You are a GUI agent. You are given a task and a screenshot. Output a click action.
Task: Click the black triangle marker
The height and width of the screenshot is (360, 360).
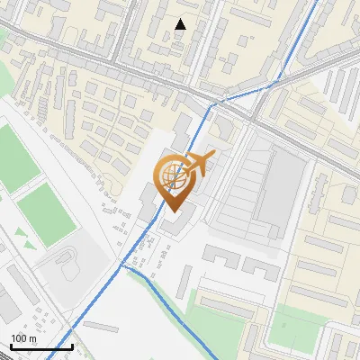click(181, 24)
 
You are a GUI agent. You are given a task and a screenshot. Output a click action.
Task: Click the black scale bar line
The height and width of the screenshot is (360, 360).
click(41, 347)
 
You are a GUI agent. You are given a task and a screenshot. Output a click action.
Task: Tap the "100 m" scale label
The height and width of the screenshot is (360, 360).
click(24, 338)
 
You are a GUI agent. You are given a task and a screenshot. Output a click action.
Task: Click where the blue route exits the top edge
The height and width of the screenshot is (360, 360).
click(316, 2)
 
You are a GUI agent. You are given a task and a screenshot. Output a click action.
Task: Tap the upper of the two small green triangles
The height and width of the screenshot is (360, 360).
click(20, 231)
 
